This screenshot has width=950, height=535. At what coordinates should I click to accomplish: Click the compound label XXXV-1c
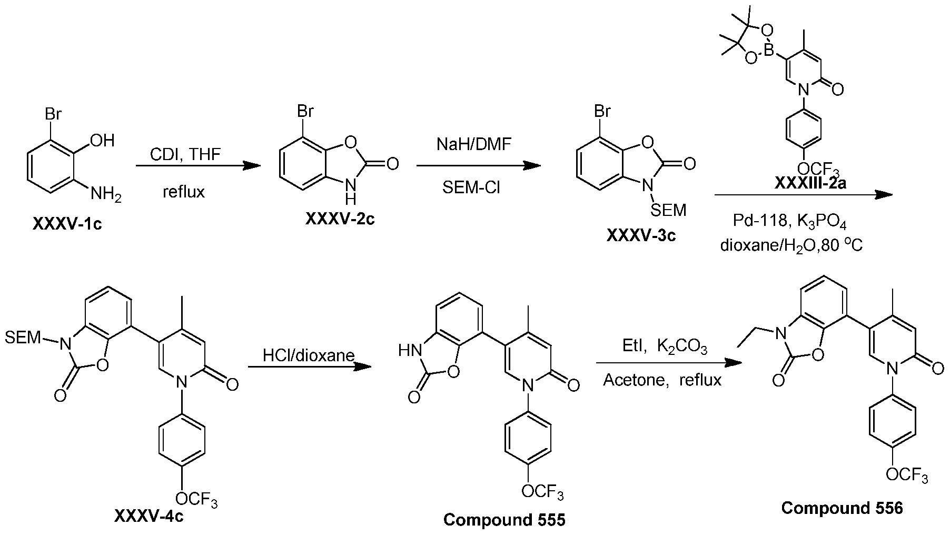67,224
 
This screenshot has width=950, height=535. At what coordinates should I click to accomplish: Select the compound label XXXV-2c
340,219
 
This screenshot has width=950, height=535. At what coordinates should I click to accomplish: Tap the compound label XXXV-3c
641,235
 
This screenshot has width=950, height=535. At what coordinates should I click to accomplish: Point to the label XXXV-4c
149,516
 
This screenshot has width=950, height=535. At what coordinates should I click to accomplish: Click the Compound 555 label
504,520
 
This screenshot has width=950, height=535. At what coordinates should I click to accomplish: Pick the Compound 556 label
842,508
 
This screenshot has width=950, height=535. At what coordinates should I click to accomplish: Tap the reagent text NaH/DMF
474,144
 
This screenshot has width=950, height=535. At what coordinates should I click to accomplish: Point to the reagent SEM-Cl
472,188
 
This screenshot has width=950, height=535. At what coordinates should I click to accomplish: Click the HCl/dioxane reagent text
309,355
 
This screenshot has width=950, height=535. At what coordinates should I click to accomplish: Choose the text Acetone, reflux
662,380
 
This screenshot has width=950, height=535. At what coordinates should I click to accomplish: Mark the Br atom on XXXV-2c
305,112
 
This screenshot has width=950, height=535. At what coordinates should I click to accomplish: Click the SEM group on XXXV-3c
668,210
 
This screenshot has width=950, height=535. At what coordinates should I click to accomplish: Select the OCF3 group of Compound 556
906,475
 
